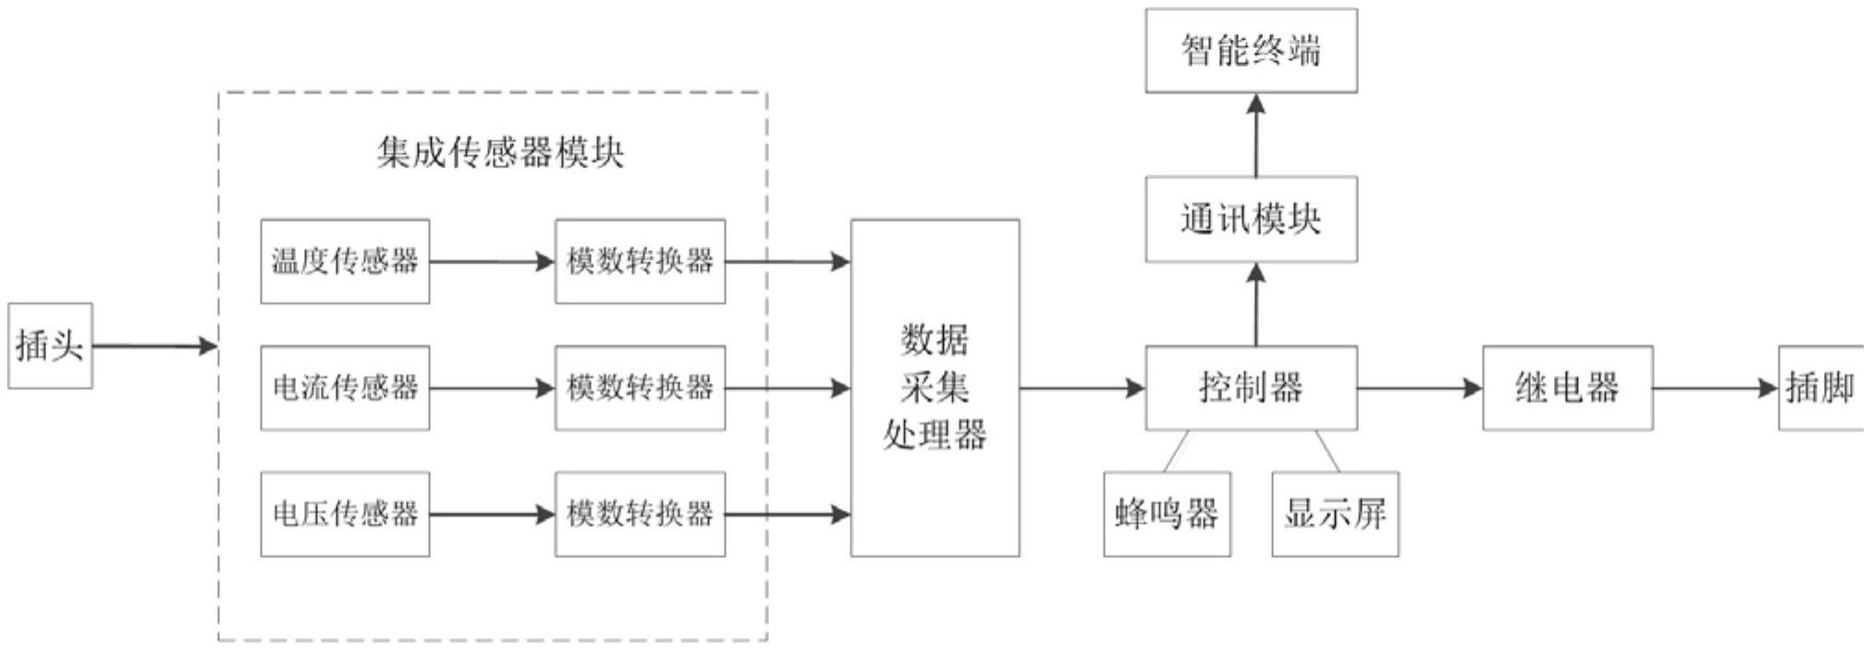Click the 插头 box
click(x=50, y=346)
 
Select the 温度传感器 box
click(x=345, y=261)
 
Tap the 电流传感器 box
click(x=345, y=387)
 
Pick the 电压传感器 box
click(x=345, y=514)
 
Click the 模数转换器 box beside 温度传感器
click(x=640, y=261)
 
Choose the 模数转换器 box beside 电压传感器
click(x=640, y=514)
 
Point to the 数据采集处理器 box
click(x=935, y=387)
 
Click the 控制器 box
click(x=1251, y=387)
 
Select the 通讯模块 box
click(x=1251, y=219)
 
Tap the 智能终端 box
click(x=1251, y=51)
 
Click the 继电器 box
click(x=1567, y=387)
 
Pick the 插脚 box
click(x=1819, y=387)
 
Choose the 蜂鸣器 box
click(x=1167, y=514)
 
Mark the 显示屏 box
click(x=1335, y=514)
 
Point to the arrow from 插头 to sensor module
click(x=154, y=347)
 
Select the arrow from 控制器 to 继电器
click(x=1419, y=388)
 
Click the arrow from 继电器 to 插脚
click(x=1715, y=388)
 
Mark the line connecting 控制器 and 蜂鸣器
click(x=1177, y=451)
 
